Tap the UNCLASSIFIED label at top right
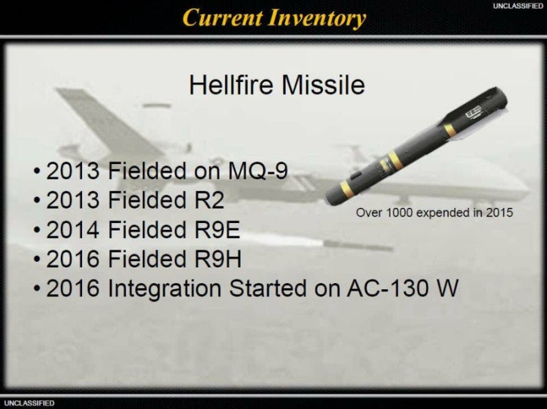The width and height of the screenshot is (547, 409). [x=518, y=6]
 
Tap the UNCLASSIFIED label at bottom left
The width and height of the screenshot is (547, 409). [x=29, y=403]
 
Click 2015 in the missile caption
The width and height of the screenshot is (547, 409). [x=499, y=213]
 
